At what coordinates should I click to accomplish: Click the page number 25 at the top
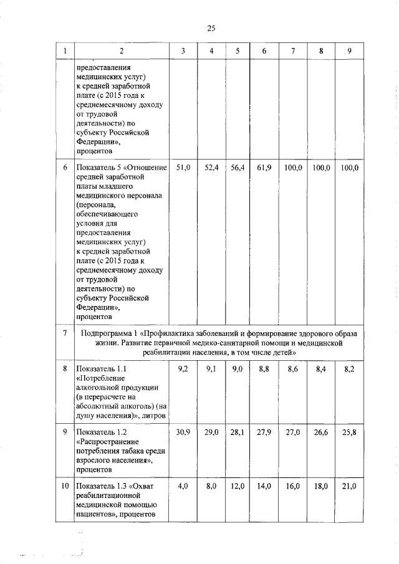(211, 27)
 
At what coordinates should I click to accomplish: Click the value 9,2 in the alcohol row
(183, 370)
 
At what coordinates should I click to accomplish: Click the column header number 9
(349, 51)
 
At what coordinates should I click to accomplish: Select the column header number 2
(122, 51)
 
